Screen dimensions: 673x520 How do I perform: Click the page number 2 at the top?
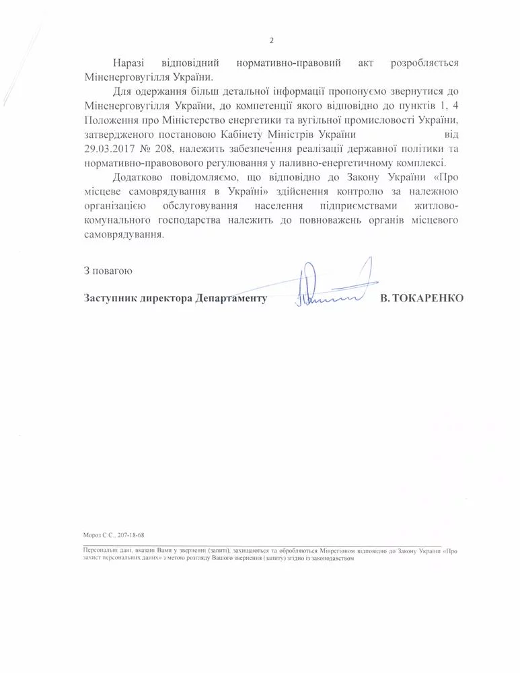pyautogui.click(x=271, y=40)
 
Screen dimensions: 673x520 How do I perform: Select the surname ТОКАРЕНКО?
pyautogui.click(x=429, y=297)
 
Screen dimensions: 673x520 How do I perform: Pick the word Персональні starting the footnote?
pyautogui.click(x=95, y=550)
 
